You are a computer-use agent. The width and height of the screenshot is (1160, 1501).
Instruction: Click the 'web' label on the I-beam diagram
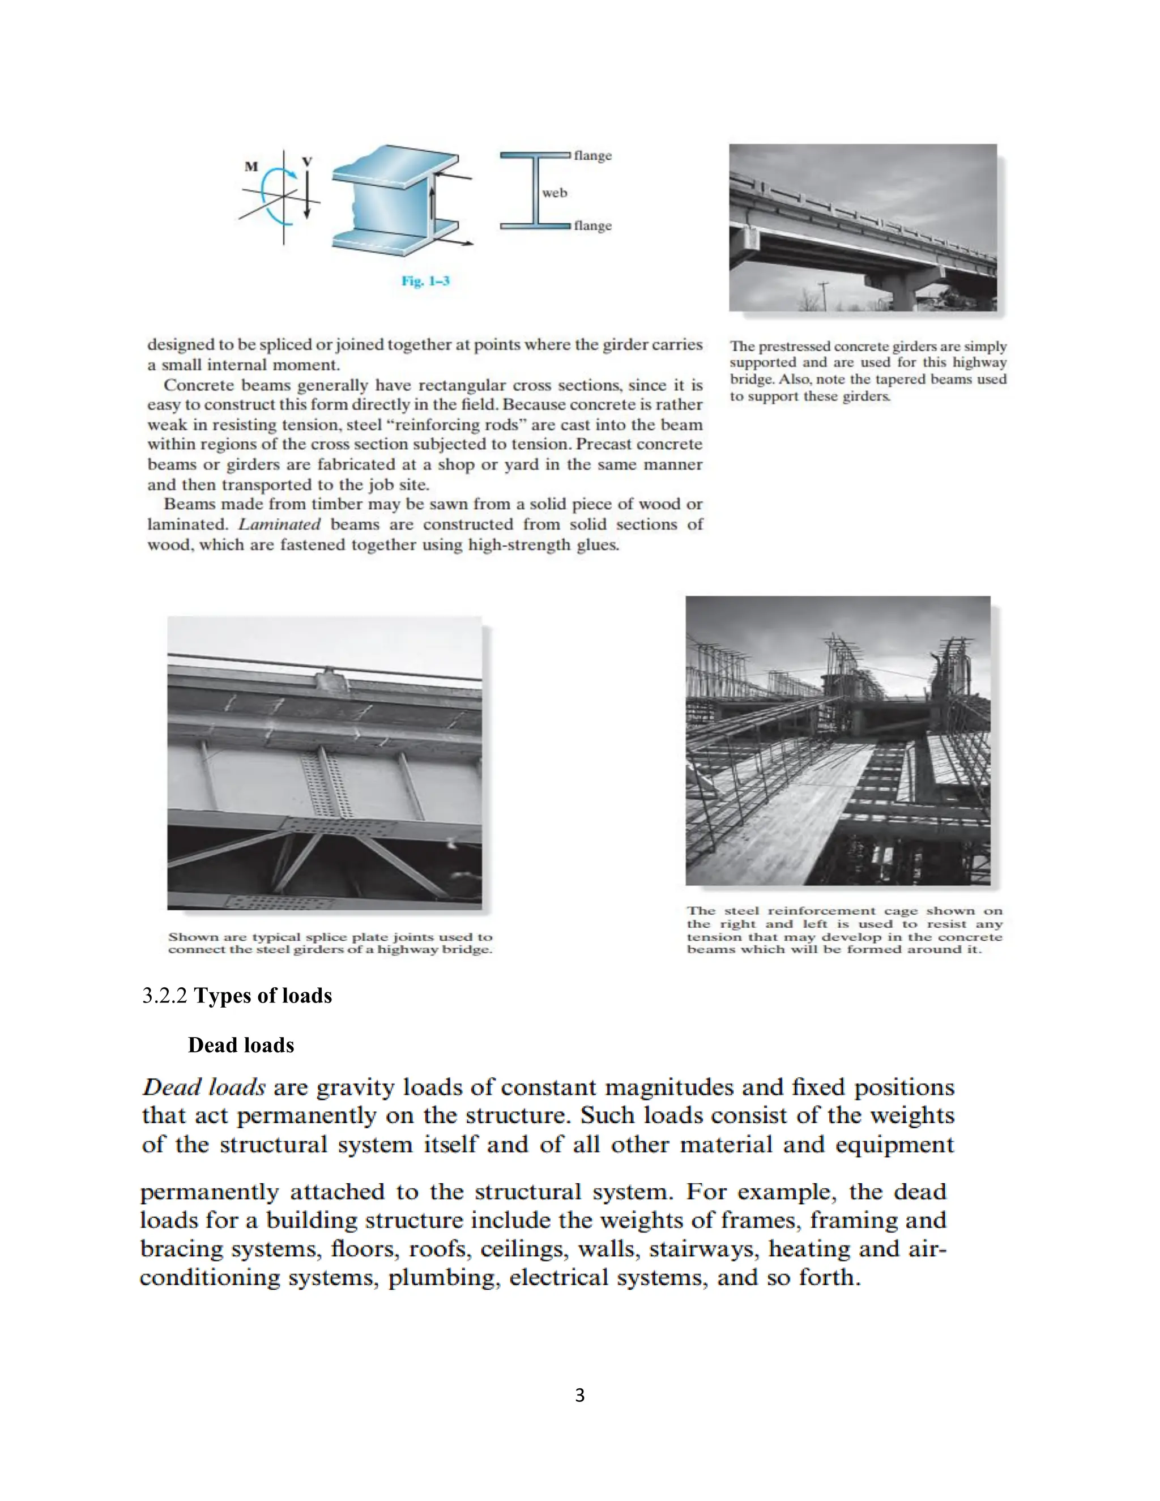coord(554,193)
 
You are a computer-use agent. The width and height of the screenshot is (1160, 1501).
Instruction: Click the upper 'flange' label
coord(592,156)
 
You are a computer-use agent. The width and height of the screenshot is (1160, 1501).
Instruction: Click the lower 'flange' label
coord(592,226)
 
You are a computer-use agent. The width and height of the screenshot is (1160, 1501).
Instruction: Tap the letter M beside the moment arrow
coord(251,167)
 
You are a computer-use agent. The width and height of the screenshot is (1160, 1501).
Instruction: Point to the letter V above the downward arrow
coord(307,161)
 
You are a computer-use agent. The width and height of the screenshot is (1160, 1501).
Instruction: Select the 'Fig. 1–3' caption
coord(425,281)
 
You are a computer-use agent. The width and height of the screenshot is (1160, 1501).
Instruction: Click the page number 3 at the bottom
coord(579,1395)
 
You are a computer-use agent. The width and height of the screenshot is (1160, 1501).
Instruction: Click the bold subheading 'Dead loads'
coord(241,1046)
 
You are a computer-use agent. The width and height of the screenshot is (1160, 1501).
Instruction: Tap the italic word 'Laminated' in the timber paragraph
coord(279,525)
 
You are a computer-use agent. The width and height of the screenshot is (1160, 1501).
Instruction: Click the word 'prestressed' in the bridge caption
coord(792,347)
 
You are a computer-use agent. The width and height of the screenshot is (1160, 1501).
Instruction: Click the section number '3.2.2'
coord(164,996)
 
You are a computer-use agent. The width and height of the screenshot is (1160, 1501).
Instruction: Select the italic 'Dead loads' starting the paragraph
coord(203,1088)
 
